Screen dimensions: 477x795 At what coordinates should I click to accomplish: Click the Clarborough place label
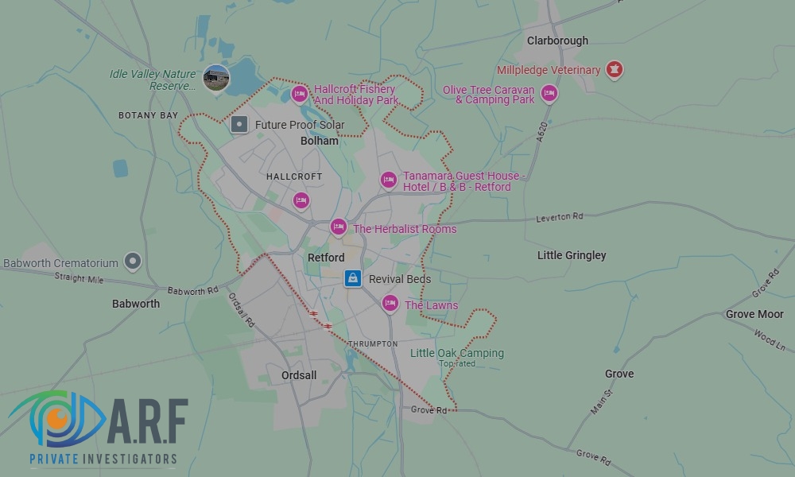pos(557,41)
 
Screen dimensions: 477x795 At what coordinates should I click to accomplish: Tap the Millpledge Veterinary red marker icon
pos(613,70)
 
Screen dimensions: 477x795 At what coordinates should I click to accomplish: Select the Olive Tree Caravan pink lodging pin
pos(549,95)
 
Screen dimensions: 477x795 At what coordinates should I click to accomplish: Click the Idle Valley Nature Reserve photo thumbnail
pos(216,77)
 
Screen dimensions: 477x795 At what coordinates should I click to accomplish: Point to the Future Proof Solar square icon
pos(239,124)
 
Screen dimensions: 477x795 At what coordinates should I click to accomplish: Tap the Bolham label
pos(320,141)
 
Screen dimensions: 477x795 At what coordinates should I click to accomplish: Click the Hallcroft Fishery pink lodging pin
pos(300,95)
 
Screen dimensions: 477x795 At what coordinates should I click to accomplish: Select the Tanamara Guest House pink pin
pos(388,180)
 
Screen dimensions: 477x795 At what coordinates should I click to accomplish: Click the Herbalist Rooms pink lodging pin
pos(338,227)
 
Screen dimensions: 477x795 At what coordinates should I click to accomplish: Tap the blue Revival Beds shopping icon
pos(353,278)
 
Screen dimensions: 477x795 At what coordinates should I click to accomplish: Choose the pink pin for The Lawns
pos(390,304)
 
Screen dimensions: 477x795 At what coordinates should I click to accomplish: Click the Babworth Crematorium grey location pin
pos(133,261)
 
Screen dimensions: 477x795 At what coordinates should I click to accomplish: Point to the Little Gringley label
pos(572,255)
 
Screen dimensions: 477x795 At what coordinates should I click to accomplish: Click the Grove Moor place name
pos(754,314)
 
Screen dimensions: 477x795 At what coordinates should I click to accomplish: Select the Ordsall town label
pos(299,375)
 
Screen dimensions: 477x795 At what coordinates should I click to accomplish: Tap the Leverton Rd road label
pos(560,217)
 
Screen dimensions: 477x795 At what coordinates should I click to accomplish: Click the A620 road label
pos(542,131)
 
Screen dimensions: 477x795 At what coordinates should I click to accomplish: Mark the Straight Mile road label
pos(79,277)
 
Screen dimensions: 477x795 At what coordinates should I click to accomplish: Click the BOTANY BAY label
pos(149,115)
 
